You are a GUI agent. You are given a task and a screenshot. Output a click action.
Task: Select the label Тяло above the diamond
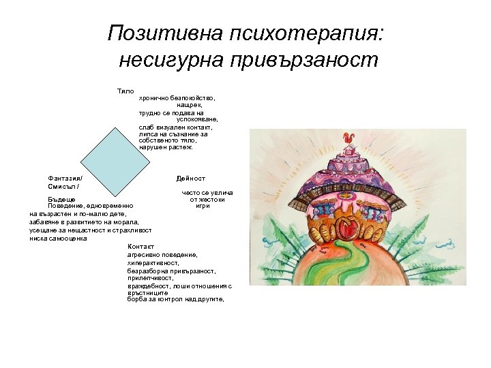point(125,91)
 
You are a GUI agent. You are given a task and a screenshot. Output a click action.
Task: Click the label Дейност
point(190,179)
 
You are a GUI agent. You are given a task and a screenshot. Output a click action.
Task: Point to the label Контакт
point(141,247)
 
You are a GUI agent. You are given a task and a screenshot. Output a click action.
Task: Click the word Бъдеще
point(61,199)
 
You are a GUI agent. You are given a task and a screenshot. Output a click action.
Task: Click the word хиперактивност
point(153,262)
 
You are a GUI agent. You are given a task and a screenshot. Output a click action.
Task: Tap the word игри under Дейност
point(203,206)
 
